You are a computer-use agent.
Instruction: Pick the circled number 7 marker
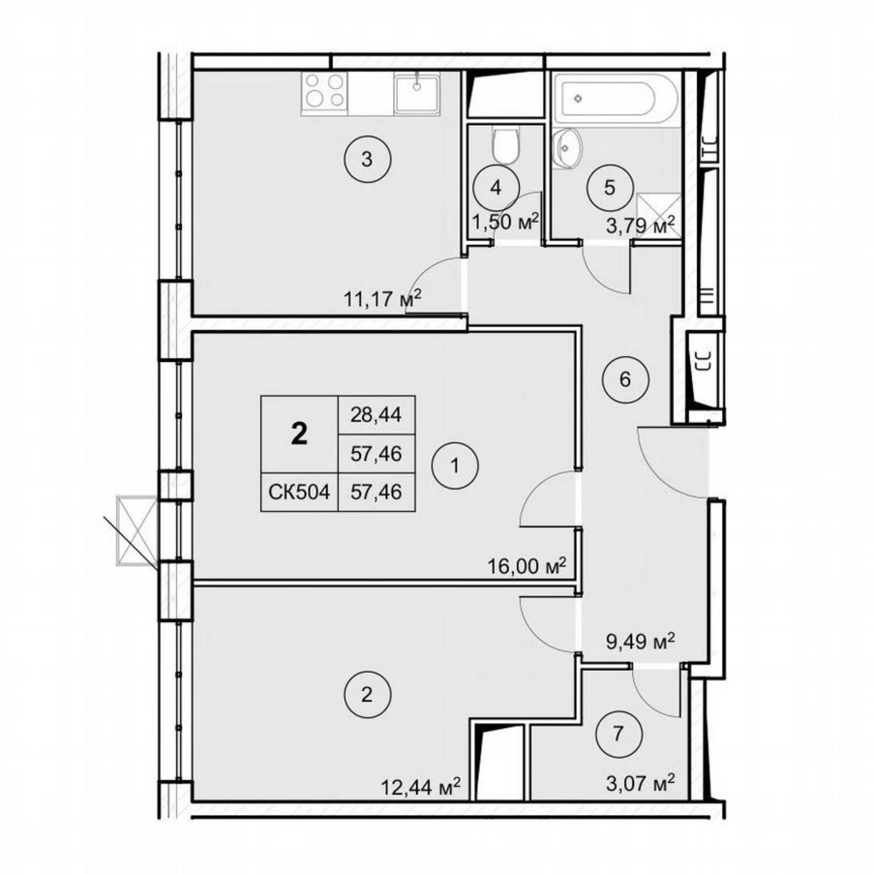[618, 734]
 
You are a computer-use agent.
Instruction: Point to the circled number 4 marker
[496, 187]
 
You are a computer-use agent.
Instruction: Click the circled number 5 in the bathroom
[610, 187]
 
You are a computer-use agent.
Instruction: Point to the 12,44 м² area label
[421, 787]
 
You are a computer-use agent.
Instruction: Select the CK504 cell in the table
[299, 492]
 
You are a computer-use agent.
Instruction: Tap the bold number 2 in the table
[299, 435]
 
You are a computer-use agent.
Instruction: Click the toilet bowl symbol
[505, 146]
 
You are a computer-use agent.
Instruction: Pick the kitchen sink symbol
[417, 93]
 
